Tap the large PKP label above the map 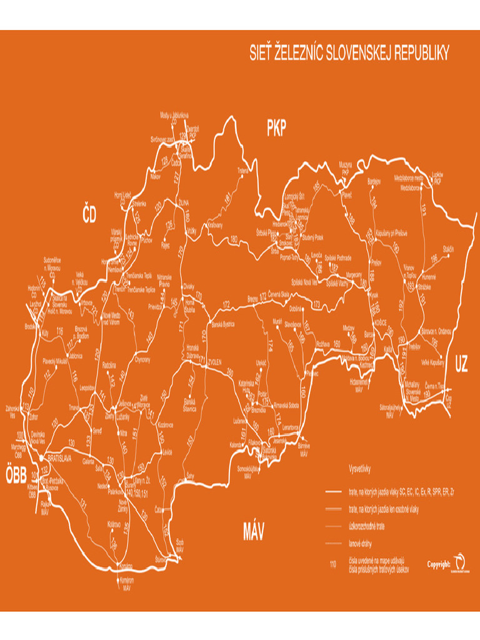coord(276,129)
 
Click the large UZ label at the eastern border coord(461,362)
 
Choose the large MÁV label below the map coord(254,532)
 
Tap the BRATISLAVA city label coord(59,458)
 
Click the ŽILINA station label coord(183,203)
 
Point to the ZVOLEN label coord(215,361)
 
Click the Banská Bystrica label coord(223,324)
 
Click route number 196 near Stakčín coord(434,259)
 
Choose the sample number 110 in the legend coord(332,564)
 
